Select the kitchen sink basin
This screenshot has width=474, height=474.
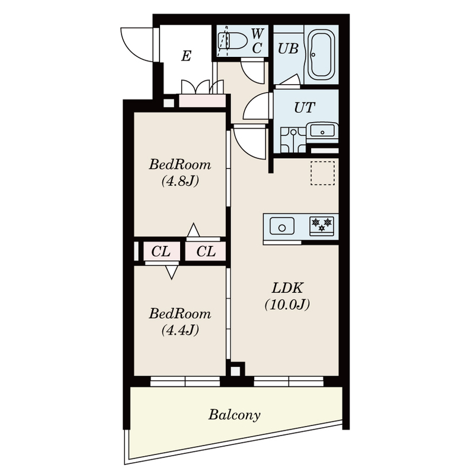pyautogui.click(x=282, y=226)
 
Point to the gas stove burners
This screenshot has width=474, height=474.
pyautogui.click(x=322, y=225)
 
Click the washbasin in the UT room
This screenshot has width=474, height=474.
pyautogui.click(x=322, y=132)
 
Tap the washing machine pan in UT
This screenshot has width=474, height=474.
pyautogui.click(x=293, y=140)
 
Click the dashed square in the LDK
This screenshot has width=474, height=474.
pyautogui.click(x=322, y=173)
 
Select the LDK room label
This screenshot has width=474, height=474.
pyautogui.click(x=287, y=296)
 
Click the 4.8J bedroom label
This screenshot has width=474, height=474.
pyautogui.click(x=180, y=173)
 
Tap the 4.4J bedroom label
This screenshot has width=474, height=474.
pyautogui.click(x=180, y=322)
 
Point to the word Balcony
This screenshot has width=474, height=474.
pyautogui.click(x=234, y=415)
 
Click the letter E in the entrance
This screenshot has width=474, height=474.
pyautogui.click(x=186, y=56)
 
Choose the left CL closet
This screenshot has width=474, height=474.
pyautogui.click(x=162, y=251)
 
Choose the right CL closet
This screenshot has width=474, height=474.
pyautogui.click(x=206, y=251)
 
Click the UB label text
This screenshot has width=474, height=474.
pyautogui.click(x=288, y=49)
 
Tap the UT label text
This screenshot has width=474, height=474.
pyautogui.click(x=305, y=108)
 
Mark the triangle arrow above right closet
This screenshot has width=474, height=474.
pyautogui.click(x=193, y=230)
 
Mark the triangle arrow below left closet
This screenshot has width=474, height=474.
pyautogui.click(x=172, y=272)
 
